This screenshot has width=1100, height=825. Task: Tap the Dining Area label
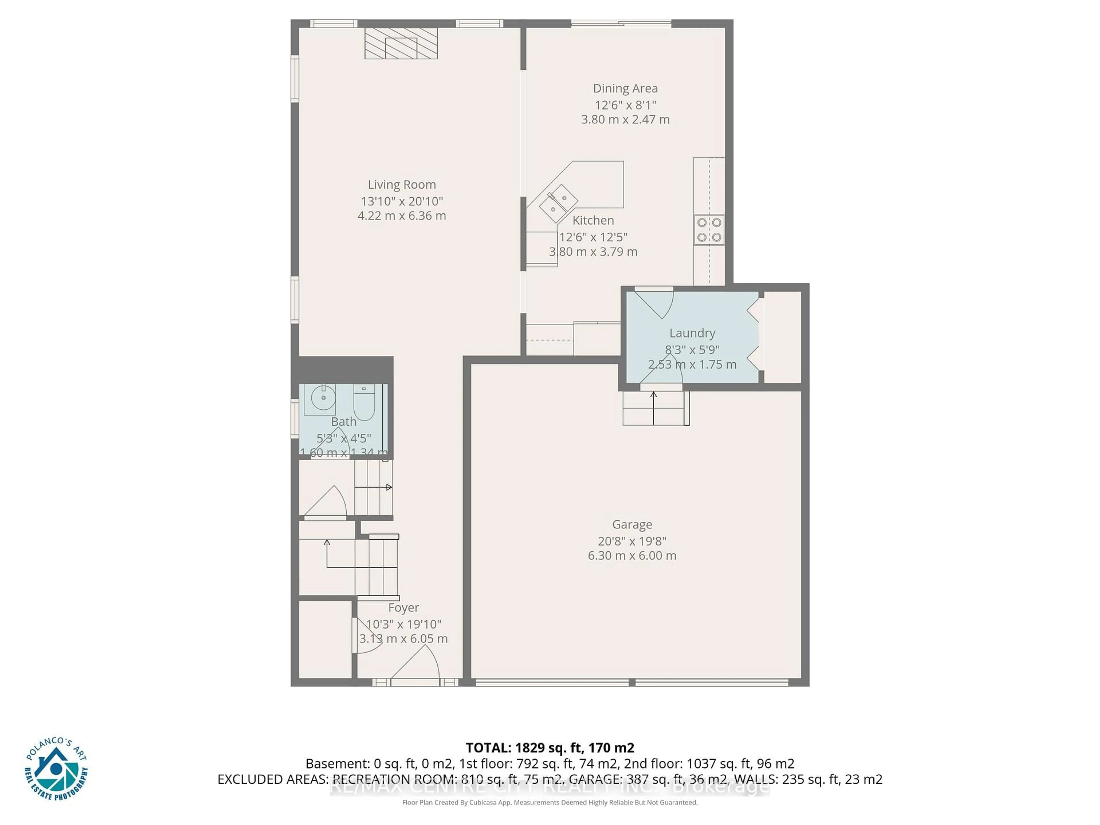[x=625, y=89]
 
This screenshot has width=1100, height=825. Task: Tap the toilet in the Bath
[x=364, y=404]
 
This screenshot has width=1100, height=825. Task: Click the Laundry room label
[x=692, y=333]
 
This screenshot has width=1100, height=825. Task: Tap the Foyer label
[x=403, y=608]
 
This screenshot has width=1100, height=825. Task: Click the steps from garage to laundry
[x=655, y=408]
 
